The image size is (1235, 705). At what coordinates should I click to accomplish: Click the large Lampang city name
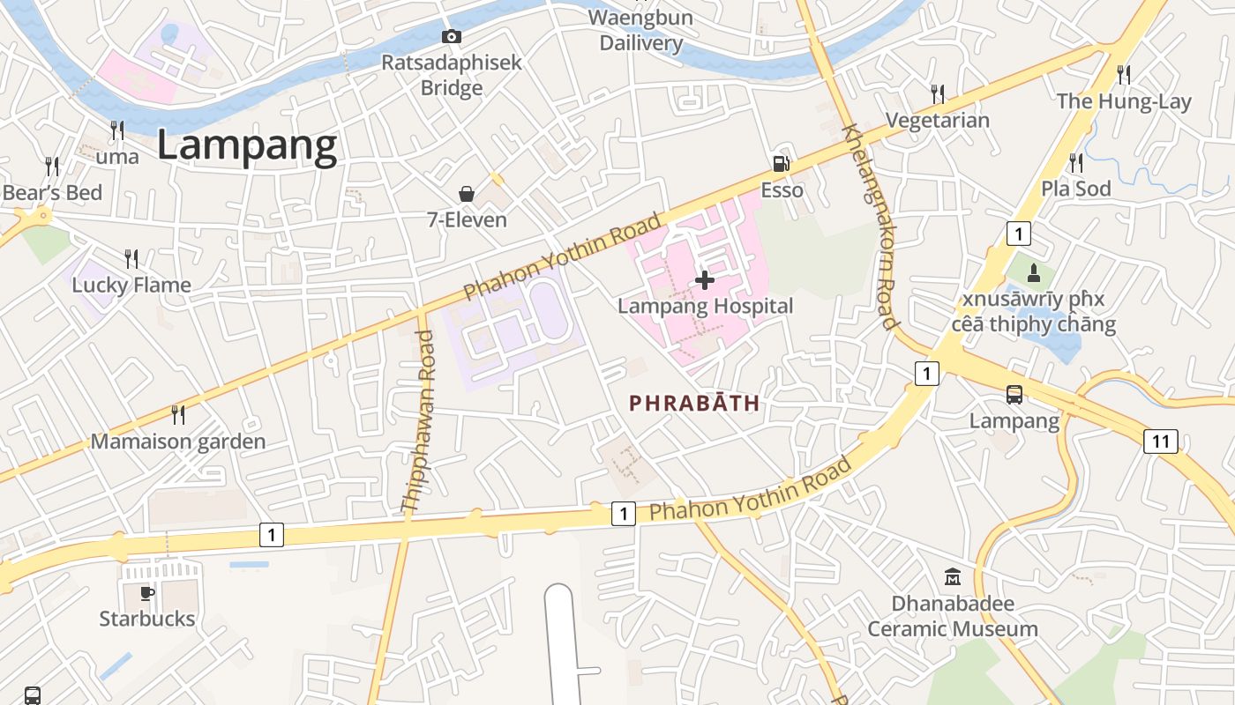pyautogui.click(x=247, y=146)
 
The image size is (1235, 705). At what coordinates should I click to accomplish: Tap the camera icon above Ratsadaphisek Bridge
pyautogui.click(x=452, y=36)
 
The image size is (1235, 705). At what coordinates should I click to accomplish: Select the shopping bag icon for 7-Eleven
pyautogui.click(x=467, y=194)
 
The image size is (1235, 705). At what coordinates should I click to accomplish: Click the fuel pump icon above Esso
pyautogui.click(x=781, y=164)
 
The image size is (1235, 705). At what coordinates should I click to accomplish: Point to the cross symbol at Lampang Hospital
pyautogui.click(x=705, y=280)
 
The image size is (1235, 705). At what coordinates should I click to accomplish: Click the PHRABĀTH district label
pyautogui.click(x=694, y=404)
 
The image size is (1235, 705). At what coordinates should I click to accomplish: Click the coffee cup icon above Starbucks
pyautogui.click(x=147, y=593)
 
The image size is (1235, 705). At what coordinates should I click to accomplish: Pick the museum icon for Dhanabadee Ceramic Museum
pyautogui.click(x=953, y=578)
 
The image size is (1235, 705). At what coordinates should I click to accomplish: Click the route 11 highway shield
pyautogui.click(x=1161, y=442)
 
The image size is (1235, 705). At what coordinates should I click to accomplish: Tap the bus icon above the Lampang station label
pyautogui.click(x=1014, y=395)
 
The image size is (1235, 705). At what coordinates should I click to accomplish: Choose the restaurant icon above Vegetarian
pyautogui.click(x=938, y=93)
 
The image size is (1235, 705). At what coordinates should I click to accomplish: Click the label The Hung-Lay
pyautogui.click(x=1124, y=101)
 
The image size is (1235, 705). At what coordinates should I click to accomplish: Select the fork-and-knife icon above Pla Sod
pyautogui.click(x=1076, y=163)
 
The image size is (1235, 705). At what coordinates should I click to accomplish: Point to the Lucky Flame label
pyautogui.click(x=131, y=285)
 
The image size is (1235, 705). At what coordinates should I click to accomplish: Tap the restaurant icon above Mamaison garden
pyautogui.click(x=178, y=414)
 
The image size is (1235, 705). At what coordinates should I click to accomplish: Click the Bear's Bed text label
pyautogui.click(x=53, y=192)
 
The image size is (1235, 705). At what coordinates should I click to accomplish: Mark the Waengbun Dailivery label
pyautogui.click(x=641, y=30)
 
